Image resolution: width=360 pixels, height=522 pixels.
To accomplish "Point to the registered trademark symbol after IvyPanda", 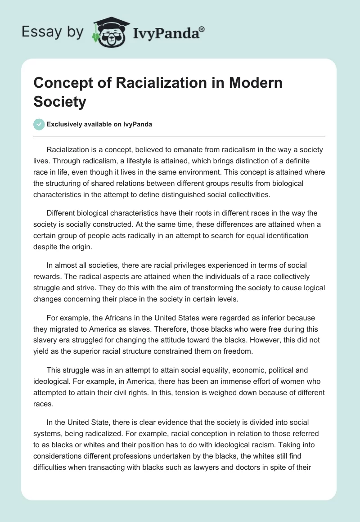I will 202,29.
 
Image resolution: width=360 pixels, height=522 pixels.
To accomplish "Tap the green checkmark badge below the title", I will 39,124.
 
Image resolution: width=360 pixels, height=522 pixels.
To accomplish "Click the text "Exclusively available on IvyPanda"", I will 99,125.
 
